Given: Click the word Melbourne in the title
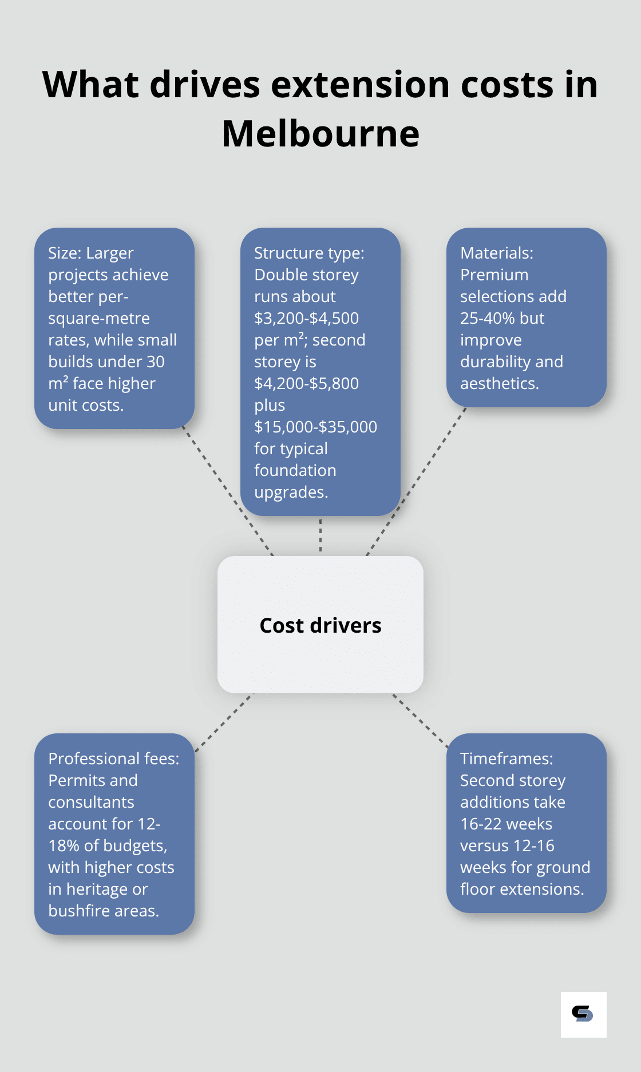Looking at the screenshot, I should (x=320, y=134).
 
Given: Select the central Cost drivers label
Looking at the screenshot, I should (x=320, y=625).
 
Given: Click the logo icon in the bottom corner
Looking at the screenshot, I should (x=583, y=1014).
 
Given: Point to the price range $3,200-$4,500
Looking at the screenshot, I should (x=306, y=318).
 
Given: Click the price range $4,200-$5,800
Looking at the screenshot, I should (x=306, y=383).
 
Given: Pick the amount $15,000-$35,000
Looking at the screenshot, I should (x=315, y=427).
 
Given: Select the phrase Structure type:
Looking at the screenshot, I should (x=309, y=253).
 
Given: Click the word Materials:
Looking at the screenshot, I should (x=496, y=253).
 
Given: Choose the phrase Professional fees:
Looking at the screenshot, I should (x=113, y=759).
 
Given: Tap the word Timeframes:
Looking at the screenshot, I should (x=507, y=759).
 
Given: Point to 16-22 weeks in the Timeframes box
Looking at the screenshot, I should (x=506, y=824).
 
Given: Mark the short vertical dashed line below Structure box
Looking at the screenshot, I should (x=320, y=535).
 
